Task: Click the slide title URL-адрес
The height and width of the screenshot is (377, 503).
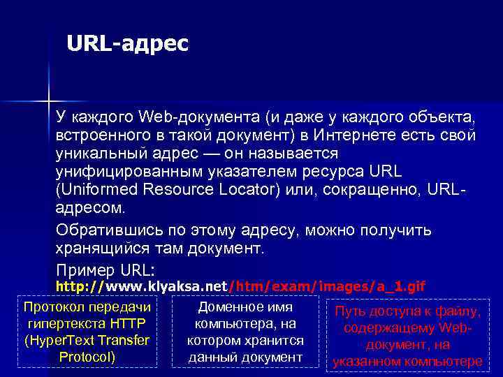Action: [128, 45]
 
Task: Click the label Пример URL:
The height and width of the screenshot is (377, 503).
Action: [105, 269]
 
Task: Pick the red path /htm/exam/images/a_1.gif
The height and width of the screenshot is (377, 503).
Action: [327, 286]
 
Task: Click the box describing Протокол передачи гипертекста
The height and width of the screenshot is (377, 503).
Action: [87, 332]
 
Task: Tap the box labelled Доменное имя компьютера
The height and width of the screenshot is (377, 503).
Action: [245, 332]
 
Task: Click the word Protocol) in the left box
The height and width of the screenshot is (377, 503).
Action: [87, 357]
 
